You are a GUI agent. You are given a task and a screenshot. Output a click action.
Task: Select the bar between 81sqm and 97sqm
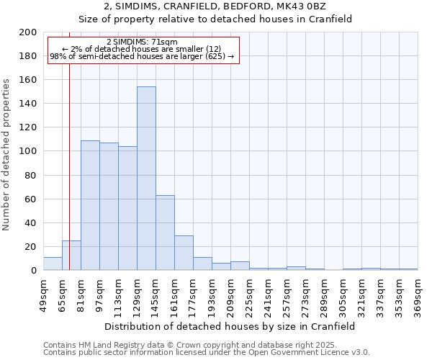pos(90,205)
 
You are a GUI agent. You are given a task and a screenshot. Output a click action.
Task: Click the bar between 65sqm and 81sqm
pos(71,256)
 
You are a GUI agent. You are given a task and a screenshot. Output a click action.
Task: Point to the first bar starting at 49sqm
pos(53,264)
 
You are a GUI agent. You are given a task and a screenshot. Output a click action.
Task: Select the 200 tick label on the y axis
pos(28,32)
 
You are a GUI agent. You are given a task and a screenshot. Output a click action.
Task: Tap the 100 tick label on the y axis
pos(28,152)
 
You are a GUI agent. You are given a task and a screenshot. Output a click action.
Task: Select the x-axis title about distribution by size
pos(230,326)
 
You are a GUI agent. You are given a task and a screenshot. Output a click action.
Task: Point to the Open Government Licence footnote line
pos(206,352)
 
